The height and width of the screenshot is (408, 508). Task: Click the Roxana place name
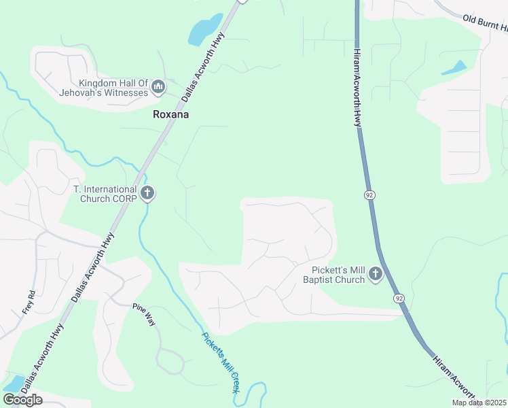[170, 115]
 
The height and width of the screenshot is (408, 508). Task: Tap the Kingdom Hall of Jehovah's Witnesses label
[103, 88]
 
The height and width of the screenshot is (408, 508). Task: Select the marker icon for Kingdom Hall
[158, 87]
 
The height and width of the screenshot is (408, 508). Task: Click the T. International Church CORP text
[105, 194]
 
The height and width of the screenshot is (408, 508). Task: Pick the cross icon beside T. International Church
[147, 194]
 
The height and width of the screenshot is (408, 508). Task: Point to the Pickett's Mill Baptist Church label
[334, 275]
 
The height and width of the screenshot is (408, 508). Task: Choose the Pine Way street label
[144, 315]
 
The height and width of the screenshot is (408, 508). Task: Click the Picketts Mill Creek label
[221, 362]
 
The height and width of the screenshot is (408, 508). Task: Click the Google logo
[22, 400]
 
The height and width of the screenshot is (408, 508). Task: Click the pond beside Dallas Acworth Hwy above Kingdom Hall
[205, 29]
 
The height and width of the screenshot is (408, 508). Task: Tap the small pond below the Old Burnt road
[454, 68]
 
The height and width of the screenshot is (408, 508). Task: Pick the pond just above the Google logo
[14, 382]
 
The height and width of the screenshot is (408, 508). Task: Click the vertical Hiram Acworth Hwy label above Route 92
[357, 85]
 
